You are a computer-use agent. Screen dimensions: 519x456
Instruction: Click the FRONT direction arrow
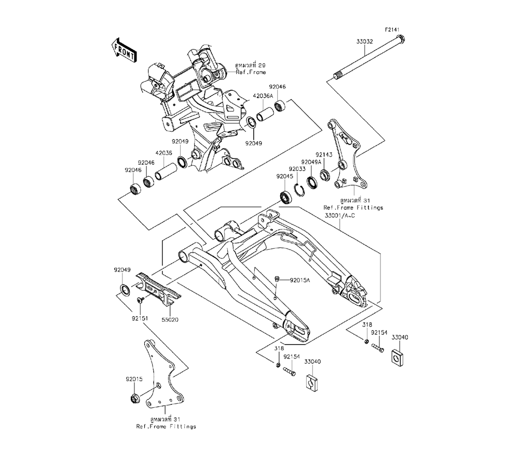click(x=124, y=50)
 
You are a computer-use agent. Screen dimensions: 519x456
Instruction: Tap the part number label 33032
click(x=364, y=41)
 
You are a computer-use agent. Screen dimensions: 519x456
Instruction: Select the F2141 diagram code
click(x=392, y=30)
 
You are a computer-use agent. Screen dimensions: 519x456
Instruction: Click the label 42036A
click(x=263, y=96)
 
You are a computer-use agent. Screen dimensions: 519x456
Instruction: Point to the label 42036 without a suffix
click(x=164, y=153)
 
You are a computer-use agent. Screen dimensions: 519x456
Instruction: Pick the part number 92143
click(x=323, y=154)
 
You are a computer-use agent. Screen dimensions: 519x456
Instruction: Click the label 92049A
click(x=311, y=162)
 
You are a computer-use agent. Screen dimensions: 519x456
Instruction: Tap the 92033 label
click(x=297, y=169)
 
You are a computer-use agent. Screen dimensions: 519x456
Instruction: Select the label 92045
click(x=284, y=177)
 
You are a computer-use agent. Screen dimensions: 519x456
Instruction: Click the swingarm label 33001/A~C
click(x=340, y=216)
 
